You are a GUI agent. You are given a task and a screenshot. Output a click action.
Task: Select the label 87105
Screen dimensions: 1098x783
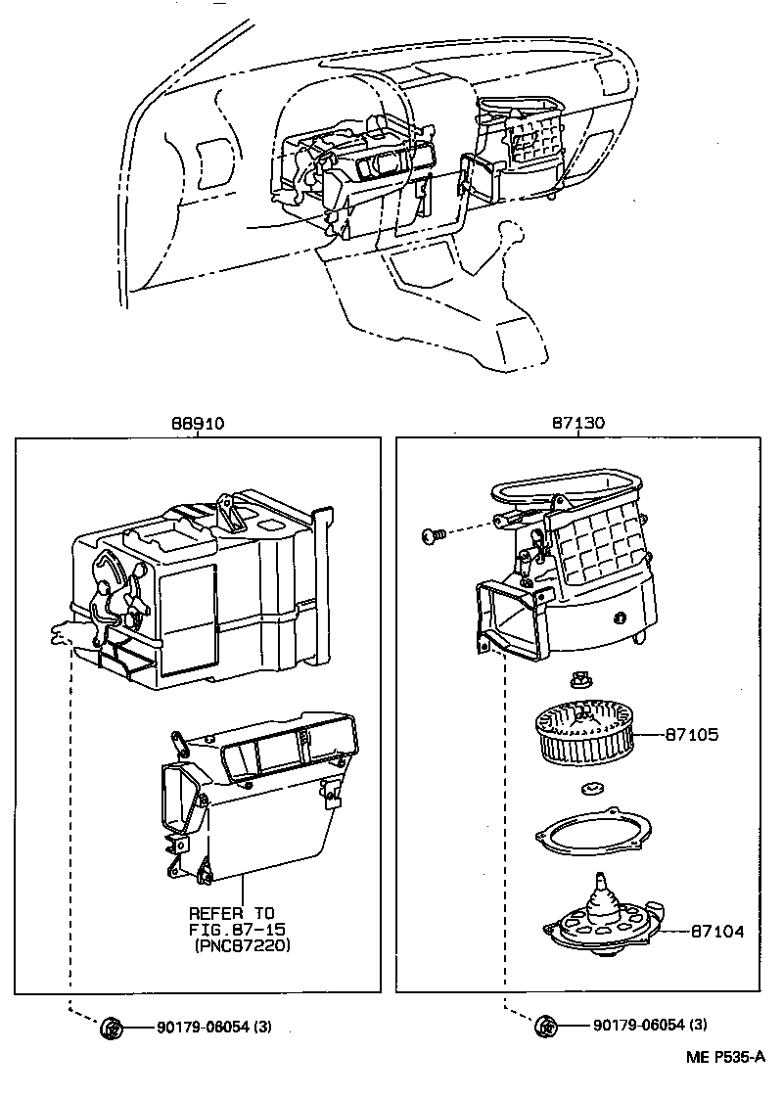point(692,734)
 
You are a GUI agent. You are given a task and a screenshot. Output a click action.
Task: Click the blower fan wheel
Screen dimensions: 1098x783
point(581,734)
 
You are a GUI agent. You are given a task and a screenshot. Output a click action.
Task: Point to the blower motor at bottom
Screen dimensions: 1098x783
point(598,920)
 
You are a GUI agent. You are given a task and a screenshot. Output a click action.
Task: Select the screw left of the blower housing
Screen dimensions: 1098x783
point(434,534)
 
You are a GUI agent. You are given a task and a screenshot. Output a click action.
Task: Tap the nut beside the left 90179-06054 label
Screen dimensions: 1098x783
point(111,1027)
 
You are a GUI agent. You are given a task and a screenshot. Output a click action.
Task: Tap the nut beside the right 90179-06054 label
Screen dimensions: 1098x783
point(546,1026)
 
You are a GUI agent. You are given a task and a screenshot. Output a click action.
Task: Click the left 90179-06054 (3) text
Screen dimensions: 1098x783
point(212,1027)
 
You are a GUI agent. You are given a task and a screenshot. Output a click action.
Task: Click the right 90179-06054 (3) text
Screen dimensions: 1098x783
point(649,1026)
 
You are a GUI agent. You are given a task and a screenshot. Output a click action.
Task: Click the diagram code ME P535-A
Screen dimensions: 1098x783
point(723,1058)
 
